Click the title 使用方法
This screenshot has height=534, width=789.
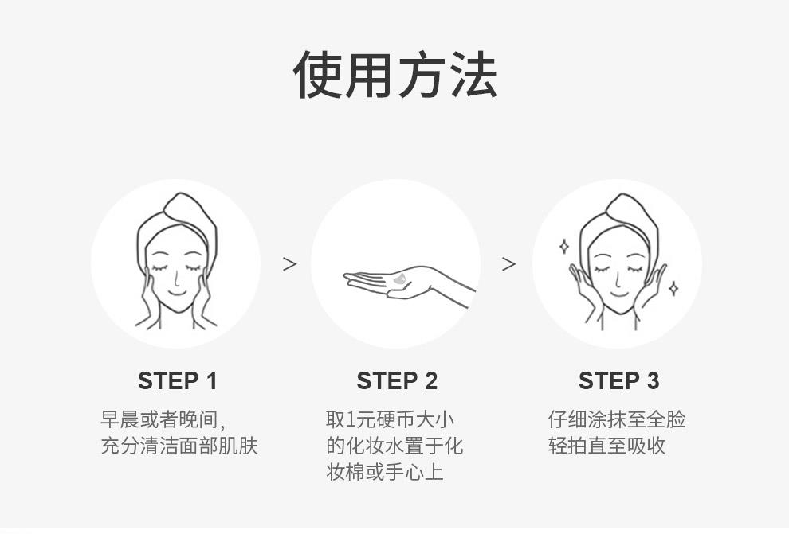pos(395,74)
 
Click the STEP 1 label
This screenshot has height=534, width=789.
pos(177,380)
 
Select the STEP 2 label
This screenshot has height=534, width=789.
pos(397,380)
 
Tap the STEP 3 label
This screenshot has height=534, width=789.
pos(618,380)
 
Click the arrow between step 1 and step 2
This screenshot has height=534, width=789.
pos(289,263)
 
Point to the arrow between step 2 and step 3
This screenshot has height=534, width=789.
pos(508,263)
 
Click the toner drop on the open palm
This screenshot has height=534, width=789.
pos(401,279)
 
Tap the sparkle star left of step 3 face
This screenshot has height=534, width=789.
pos(564,246)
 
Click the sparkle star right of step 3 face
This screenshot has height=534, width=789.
pos(673,288)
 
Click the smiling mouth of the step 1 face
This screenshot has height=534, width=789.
pos(176,292)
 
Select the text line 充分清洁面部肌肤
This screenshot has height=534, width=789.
pos(179,446)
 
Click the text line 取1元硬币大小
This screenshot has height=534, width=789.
pos(390,419)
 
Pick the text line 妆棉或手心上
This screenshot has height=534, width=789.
pos(384,472)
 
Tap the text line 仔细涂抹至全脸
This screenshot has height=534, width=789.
pos(617,419)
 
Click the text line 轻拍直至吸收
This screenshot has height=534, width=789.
pos(606,446)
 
